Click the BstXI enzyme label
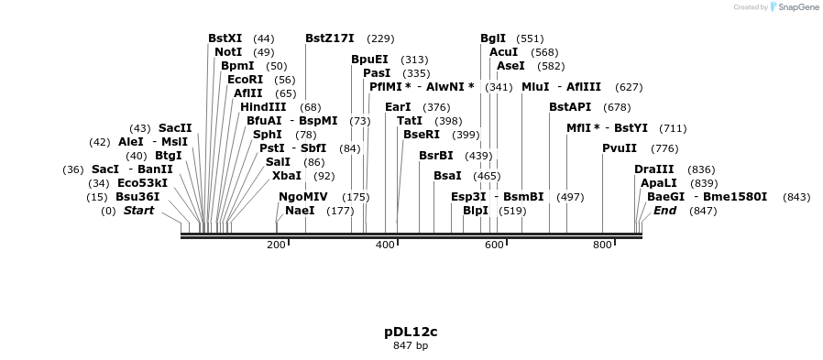click(225, 38)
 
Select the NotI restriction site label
click(228, 52)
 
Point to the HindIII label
click(263, 107)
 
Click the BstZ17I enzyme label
click(330, 38)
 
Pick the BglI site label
click(493, 38)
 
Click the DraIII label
click(654, 169)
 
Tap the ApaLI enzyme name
click(658, 183)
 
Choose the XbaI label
click(287, 176)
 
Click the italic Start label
click(139, 211)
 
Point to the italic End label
click(664, 211)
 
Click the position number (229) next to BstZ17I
click(380, 38)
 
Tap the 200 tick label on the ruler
click(276, 245)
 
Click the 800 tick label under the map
click(602, 245)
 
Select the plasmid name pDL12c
click(411, 331)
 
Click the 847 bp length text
click(411, 345)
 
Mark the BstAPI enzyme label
click(570, 107)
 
